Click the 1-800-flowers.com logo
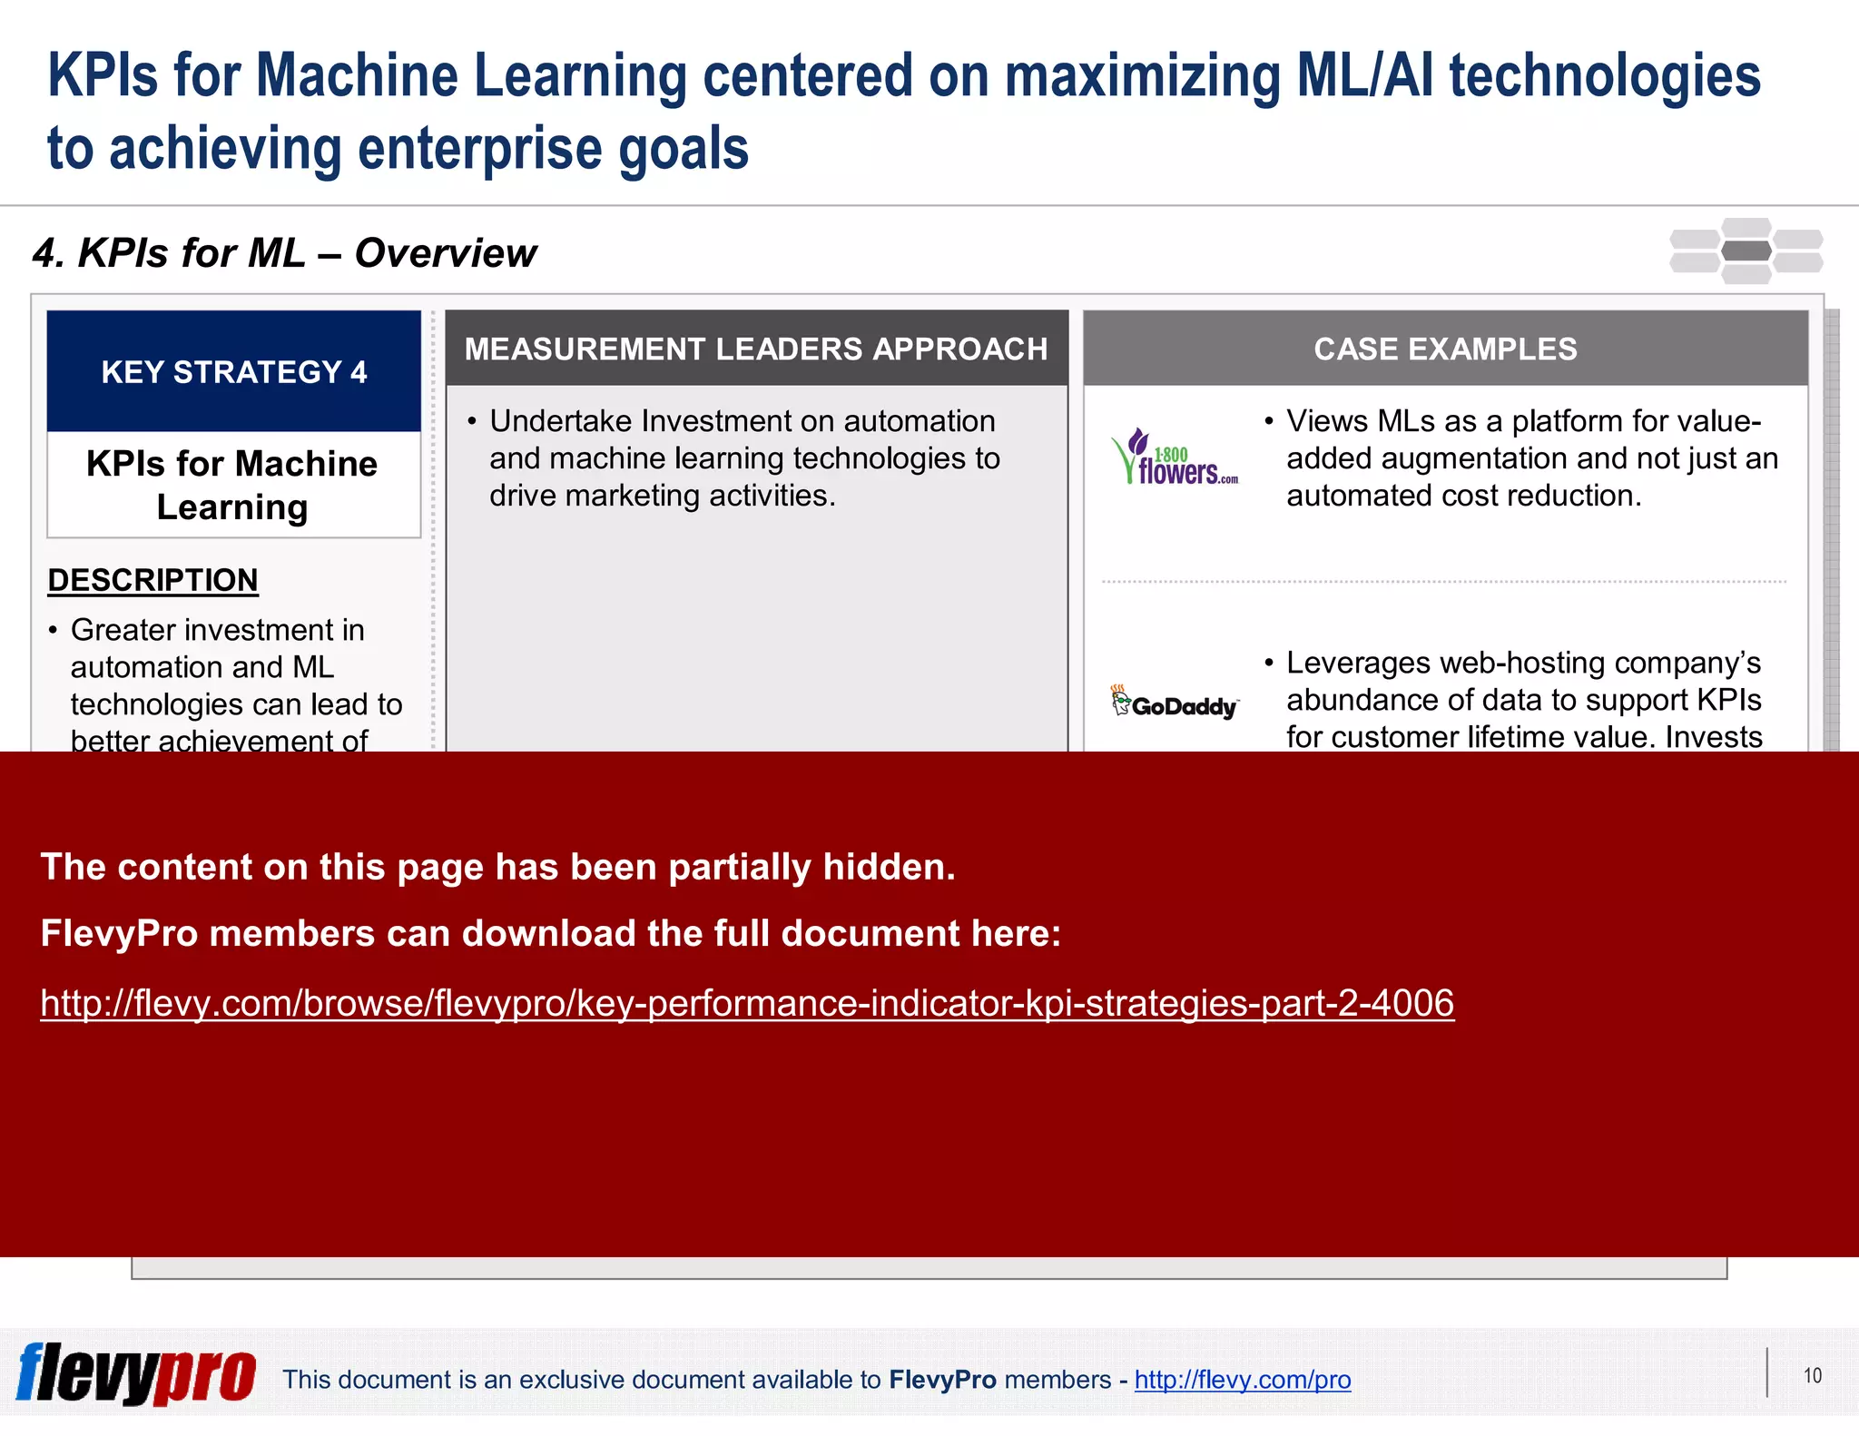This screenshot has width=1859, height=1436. (1175, 457)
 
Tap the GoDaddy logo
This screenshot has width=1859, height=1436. (1175, 703)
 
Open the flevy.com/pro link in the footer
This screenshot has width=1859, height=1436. (1242, 1380)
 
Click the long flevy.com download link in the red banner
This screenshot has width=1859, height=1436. (747, 1003)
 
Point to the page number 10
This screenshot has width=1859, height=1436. (1812, 1376)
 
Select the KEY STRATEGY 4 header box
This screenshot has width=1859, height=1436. (234, 371)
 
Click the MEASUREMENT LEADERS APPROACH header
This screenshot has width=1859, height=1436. (756, 349)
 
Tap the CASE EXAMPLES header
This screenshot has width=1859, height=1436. (1445, 349)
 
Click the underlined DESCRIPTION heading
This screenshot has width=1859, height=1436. (152, 580)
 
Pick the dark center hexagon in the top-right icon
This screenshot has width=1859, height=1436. (1746, 251)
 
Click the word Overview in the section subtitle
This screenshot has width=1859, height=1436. (446, 253)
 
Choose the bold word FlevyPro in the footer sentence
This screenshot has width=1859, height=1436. (942, 1380)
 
